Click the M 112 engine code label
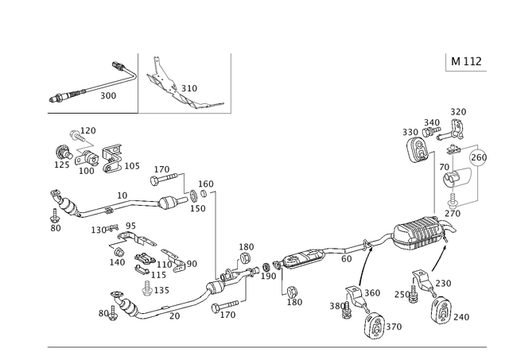click(466, 61)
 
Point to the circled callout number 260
click(479, 157)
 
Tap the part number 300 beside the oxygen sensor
click(108, 95)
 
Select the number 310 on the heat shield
click(189, 88)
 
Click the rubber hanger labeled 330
click(417, 150)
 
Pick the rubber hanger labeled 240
click(441, 309)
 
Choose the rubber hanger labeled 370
click(374, 326)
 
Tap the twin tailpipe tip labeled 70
click(456, 178)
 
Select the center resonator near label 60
click(304, 258)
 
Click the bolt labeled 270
click(453, 199)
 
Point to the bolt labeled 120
click(77, 136)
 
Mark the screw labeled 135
click(147, 288)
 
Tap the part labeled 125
click(62, 152)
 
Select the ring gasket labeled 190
click(266, 267)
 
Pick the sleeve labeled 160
click(204, 194)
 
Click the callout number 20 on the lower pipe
click(174, 315)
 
